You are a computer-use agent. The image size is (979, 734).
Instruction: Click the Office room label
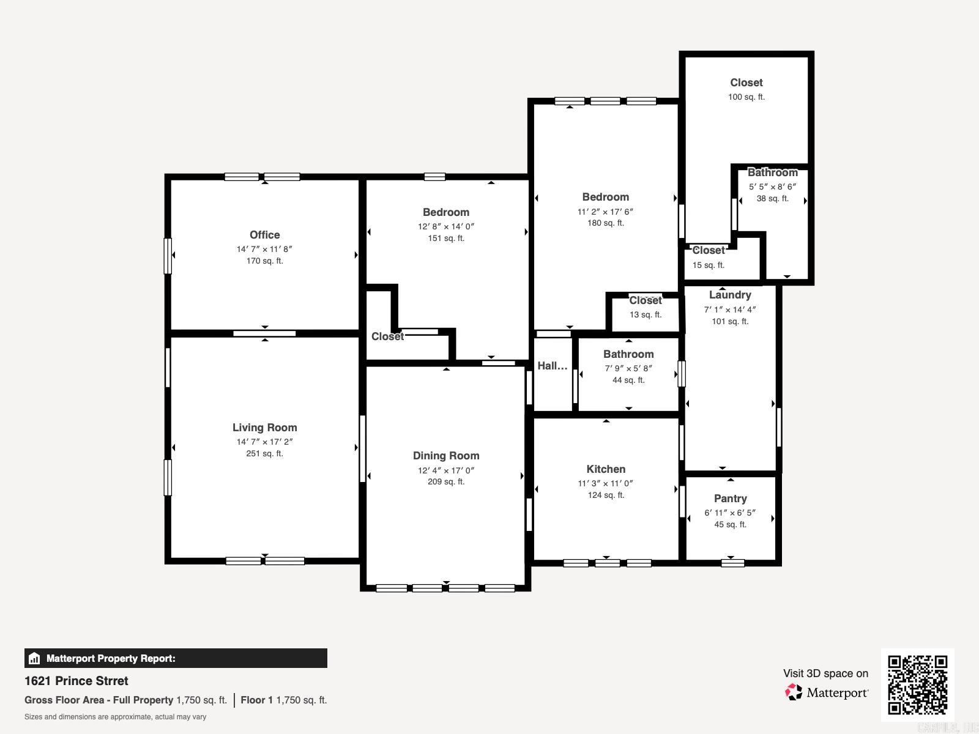(x=264, y=235)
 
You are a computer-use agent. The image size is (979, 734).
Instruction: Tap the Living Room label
(x=264, y=428)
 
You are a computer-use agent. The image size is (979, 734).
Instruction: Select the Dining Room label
(x=446, y=456)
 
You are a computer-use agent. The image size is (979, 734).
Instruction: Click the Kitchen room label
(x=606, y=469)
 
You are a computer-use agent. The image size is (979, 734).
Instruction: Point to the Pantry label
(x=730, y=499)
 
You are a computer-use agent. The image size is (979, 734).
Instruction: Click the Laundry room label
(x=730, y=295)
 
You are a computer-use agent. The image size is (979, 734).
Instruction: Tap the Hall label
(x=552, y=366)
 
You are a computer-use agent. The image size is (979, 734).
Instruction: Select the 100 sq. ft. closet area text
(x=746, y=97)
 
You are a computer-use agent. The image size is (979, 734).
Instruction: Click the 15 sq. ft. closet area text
(x=708, y=265)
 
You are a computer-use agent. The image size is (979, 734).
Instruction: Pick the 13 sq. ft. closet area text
(x=646, y=314)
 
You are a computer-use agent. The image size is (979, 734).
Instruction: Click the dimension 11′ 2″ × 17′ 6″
(x=605, y=212)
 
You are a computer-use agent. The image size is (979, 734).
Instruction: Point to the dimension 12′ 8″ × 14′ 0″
(x=446, y=226)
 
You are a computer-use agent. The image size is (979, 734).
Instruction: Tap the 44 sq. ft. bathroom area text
(x=628, y=380)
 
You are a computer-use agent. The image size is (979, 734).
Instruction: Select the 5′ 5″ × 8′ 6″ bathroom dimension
(x=772, y=187)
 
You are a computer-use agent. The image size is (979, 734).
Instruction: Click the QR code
(x=917, y=684)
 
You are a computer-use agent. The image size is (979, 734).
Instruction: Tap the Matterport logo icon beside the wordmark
(x=794, y=692)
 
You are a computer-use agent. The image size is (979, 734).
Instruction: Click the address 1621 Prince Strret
(x=76, y=681)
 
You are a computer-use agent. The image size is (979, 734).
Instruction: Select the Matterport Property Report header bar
(x=176, y=658)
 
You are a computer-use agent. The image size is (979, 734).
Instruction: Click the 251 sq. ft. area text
(x=264, y=453)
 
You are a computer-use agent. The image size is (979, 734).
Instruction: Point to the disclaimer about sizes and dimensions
(x=115, y=717)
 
